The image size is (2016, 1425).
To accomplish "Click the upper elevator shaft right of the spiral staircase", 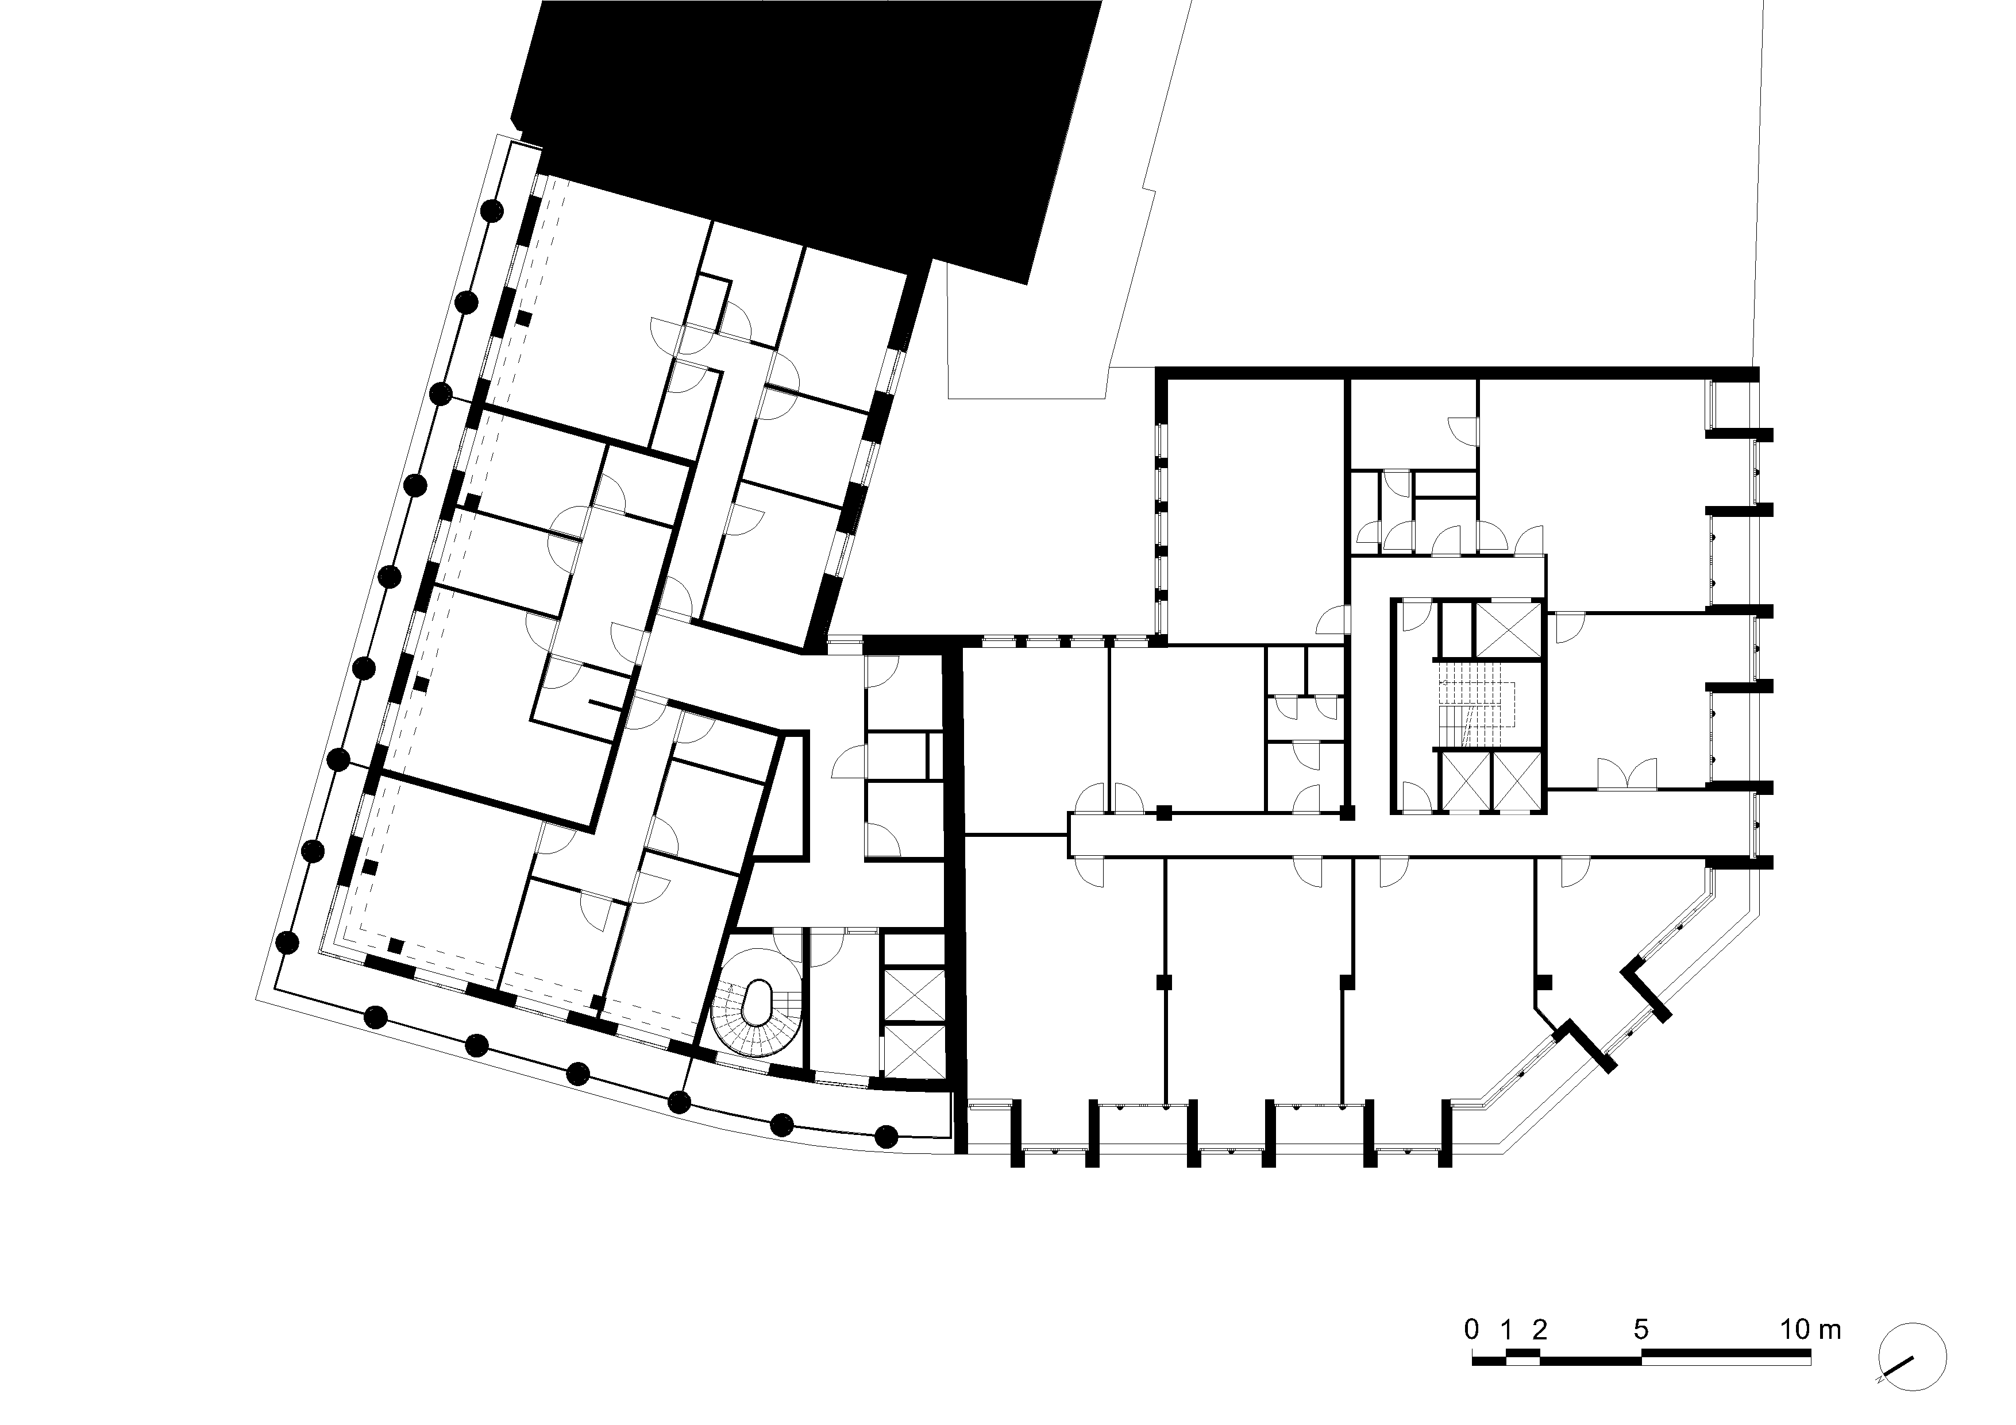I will [914, 995].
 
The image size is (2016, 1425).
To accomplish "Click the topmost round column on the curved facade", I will [492, 210].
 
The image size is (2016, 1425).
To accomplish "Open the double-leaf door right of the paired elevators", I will [1627, 774].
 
